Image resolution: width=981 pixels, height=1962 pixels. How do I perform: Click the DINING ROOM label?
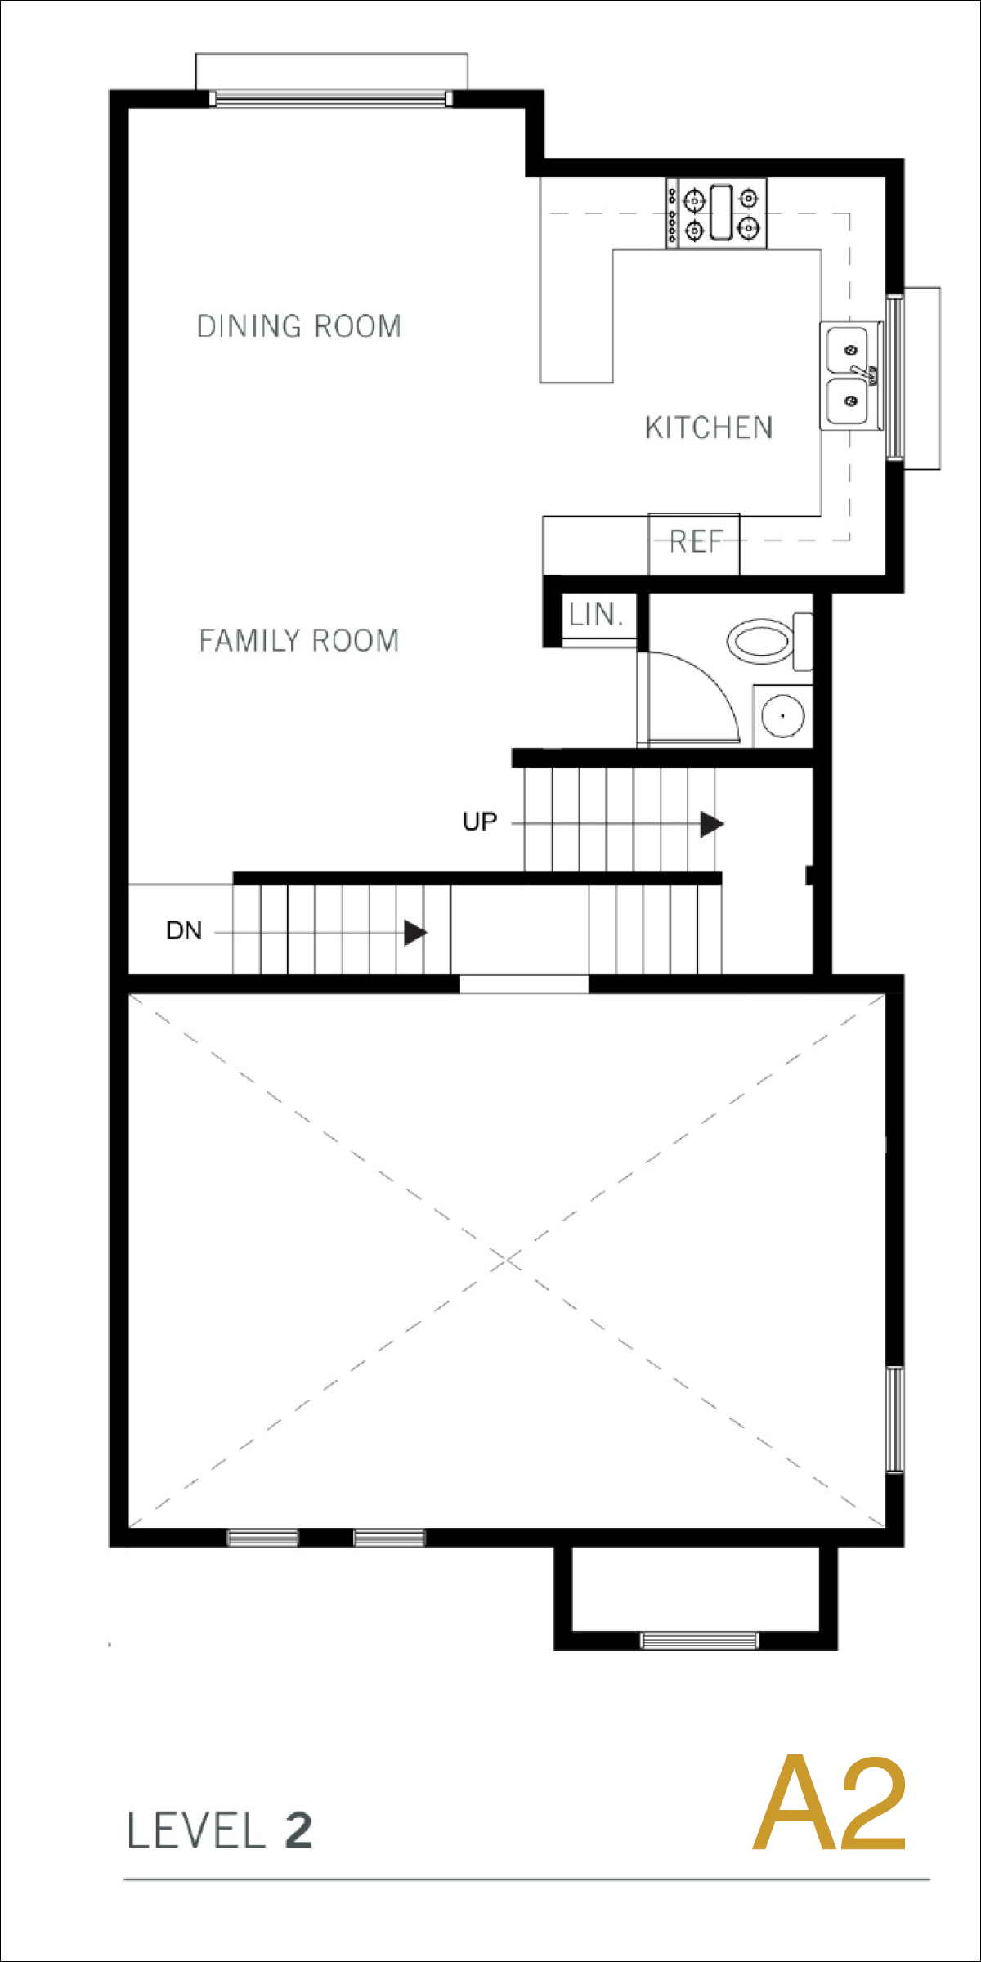[299, 326]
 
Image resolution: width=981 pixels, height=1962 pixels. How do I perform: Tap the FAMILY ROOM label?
[299, 641]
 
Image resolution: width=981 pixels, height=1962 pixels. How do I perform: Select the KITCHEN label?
[709, 428]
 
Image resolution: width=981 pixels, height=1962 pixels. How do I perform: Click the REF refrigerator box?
[694, 544]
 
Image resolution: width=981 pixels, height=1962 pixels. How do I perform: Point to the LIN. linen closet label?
[597, 615]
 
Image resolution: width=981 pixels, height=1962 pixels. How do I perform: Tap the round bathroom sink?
[782, 715]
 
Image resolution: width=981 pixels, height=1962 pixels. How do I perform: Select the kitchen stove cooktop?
[716, 213]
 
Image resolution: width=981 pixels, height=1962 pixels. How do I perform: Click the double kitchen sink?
[850, 375]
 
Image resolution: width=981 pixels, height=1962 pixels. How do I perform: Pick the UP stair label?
[480, 822]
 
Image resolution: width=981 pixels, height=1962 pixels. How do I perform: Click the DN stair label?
[184, 930]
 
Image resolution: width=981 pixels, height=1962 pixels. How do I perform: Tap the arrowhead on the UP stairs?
[711, 824]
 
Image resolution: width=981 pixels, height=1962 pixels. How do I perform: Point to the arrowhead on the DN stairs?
[415, 932]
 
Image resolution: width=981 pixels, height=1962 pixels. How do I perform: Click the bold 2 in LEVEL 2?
[298, 1831]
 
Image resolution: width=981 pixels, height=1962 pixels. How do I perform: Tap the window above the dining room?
[331, 99]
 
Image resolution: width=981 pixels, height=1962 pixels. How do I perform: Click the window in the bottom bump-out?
[699, 1640]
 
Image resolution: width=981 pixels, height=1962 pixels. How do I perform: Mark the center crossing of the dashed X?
[508, 1260]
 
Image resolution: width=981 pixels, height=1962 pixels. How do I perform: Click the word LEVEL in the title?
[197, 1831]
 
